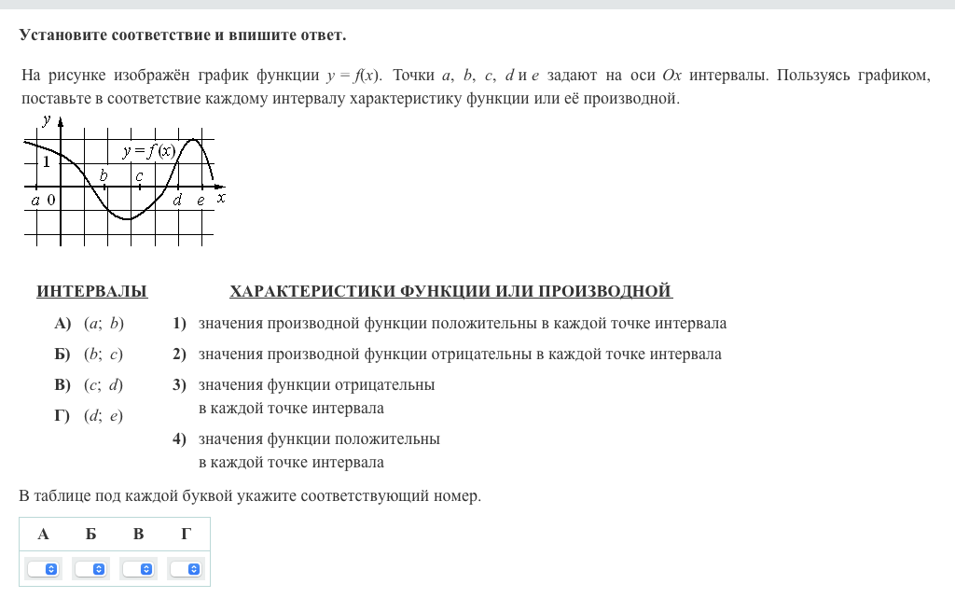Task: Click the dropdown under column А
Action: (x=43, y=568)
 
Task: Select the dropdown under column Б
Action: (x=90, y=568)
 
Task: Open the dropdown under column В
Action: (x=138, y=568)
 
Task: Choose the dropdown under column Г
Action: (x=186, y=568)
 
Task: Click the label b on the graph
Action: (x=104, y=175)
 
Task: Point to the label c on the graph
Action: (x=138, y=175)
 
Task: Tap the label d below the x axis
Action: (x=177, y=199)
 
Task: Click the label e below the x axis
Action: (x=201, y=200)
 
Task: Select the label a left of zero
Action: (x=35, y=200)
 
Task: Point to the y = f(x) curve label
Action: (x=148, y=151)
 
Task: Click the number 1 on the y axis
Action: (x=45, y=161)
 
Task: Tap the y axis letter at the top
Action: (x=47, y=118)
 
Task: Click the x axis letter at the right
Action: (x=221, y=198)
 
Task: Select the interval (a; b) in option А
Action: (x=104, y=324)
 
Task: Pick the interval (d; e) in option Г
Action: (x=104, y=416)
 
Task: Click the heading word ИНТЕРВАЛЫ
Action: (x=91, y=292)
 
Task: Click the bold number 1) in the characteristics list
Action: (x=179, y=324)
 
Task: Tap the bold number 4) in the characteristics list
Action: (x=179, y=438)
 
